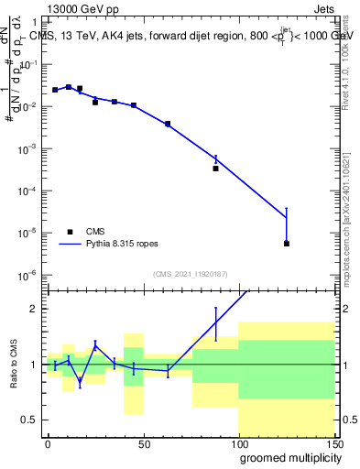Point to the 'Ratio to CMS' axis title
pyautogui.click(x=13, y=365)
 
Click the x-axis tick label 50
pyautogui.click(x=143, y=442)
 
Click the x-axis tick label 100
pyautogui.click(x=238, y=442)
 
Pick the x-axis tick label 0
pyautogui.click(x=48, y=442)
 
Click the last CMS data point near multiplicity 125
pyautogui.click(x=287, y=244)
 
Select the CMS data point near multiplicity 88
pyautogui.click(x=215, y=169)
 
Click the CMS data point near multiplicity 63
pyautogui.click(x=168, y=124)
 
